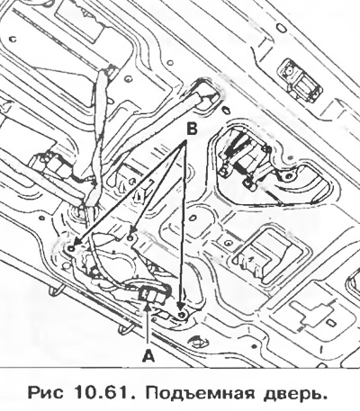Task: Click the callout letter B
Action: [x=192, y=130]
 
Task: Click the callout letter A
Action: [x=148, y=356]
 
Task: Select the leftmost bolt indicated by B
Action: [x=71, y=248]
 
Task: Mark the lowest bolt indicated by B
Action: [x=181, y=314]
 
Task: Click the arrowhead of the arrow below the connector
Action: [x=148, y=307]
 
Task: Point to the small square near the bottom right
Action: [x=330, y=323]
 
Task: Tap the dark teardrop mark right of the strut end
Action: [x=226, y=109]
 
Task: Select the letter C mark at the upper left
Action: [x=13, y=39]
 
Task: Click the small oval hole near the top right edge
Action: [x=281, y=29]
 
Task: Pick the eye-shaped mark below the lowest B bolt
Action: [x=196, y=341]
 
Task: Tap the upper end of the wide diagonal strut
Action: [x=205, y=96]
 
